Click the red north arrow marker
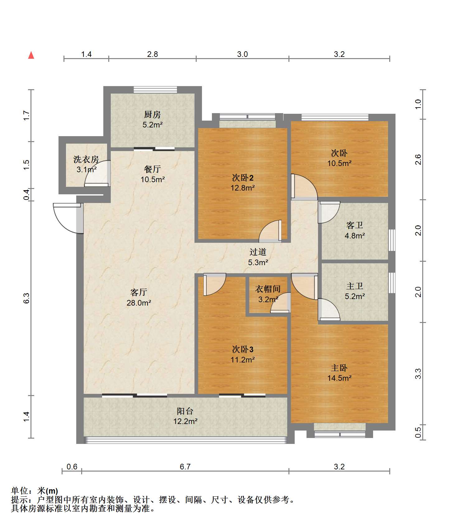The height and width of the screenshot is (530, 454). pyautogui.click(x=31, y=55)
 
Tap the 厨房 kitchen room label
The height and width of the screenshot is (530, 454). pyautogui.click(x=152, y=115)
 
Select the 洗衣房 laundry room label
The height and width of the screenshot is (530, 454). pyautogui.click(x=86, y=159)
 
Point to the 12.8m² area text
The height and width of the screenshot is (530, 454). pyautogui.click(x=243, y=188)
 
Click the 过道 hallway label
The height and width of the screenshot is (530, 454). pyautogui.click(x=258, y=252)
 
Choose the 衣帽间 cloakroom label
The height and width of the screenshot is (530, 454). pyautogui.click(x=268, y=289)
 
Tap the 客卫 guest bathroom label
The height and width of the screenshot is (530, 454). pyautogui.click(x=355, y=225)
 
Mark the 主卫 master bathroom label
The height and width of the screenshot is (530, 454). pyautogui.click(x=355, y=286)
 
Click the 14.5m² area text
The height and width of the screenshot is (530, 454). pyautogui.click(x=339, y=378)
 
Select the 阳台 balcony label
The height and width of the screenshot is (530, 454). pyautogui.click(x=185, y=411)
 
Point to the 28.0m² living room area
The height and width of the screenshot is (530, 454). pyautogui.click(x=139, y=302)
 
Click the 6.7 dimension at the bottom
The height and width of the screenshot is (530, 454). pyautogui.click(x=185, y=467)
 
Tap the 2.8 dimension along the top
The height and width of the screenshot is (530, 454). pyautogui.click(x=152, y=54)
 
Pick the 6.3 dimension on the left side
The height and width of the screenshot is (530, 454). pyautogui.click(x=26, y=298)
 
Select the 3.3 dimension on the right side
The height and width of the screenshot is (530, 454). pyautogui.click(x=419, y=373)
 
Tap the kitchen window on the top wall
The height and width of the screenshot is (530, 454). pyautogui.click(x=155, y=90)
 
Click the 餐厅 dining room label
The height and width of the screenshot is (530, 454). pyautogui.click(x=152, y=169)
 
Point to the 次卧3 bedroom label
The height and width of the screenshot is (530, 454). pyautogui.click(x=243, y=349)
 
